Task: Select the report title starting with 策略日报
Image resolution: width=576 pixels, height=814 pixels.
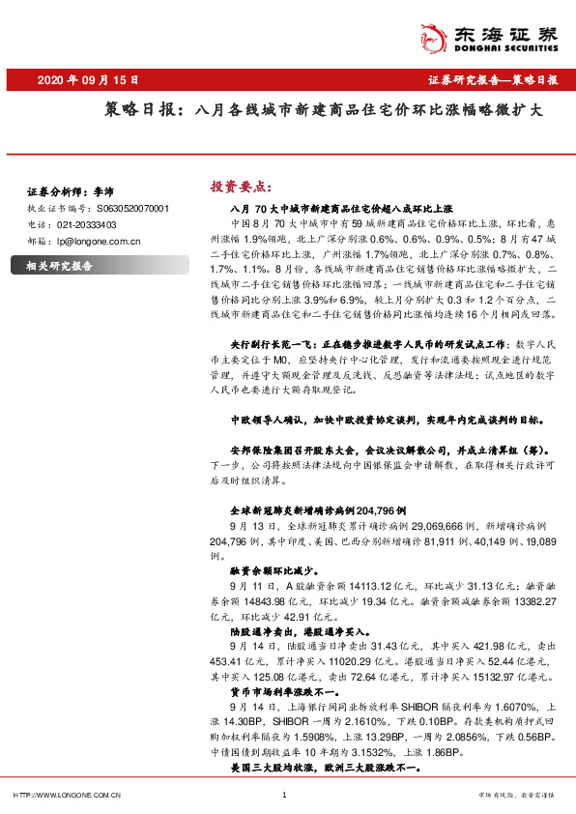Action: tap(324, 110)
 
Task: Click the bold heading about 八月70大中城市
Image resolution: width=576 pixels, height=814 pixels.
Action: tap(342, 209)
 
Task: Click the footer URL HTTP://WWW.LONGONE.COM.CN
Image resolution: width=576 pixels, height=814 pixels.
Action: tap(69, 795)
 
